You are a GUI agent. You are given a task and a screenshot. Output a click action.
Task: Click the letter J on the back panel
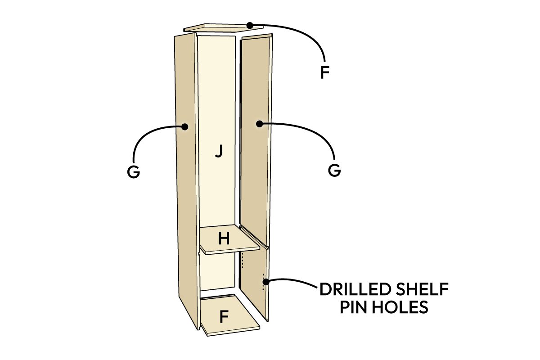click(x=219, y=151)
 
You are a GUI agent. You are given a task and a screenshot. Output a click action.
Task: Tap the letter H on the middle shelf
click(x=224, y=238)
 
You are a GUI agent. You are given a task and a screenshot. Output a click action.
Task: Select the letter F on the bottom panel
click(x=224, y=317)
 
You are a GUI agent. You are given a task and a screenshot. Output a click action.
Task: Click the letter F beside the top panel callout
click(x=325, y=72)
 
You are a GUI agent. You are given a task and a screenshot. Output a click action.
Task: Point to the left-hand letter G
click(x=133, y=172)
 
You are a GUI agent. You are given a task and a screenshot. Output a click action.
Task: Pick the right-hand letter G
click(x=334, y=171)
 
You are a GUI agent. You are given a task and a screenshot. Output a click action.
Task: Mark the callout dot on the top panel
click(x=250, y=25)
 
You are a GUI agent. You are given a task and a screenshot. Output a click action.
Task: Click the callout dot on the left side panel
click(x=185, y=126)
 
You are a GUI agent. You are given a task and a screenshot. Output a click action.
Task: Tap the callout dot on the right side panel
click(x=259, y=124)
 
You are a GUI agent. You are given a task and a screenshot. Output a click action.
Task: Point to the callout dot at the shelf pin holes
click(x=265, y=282)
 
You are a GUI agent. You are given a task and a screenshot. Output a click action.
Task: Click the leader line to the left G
click(x=144, y=137)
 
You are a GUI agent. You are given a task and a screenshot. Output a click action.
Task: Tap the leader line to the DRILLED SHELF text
click(x=292, y=280)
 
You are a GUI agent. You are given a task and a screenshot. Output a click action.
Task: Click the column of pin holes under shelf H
click(x=242, y=261)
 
